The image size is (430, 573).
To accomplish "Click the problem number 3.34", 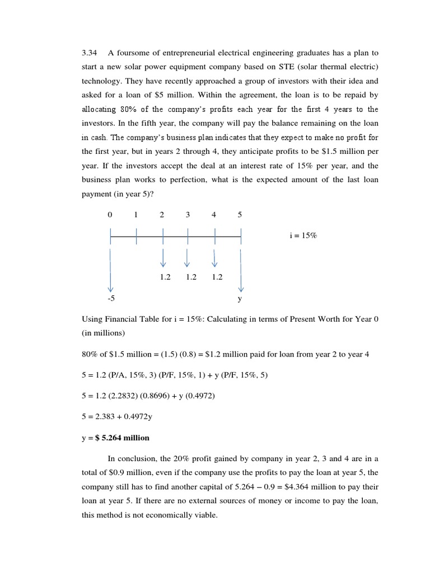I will (x=90, y=53).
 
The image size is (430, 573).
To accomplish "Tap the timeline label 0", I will (x=110, y=215).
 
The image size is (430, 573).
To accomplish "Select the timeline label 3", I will (x=188, y=215).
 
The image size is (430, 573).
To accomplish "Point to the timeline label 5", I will (x=240, y=215).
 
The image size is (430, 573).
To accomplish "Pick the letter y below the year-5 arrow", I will (x=240, y=299).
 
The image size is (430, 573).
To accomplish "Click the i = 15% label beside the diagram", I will (x=303, y=236).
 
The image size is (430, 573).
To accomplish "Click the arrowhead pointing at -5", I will (x=110, y=288).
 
